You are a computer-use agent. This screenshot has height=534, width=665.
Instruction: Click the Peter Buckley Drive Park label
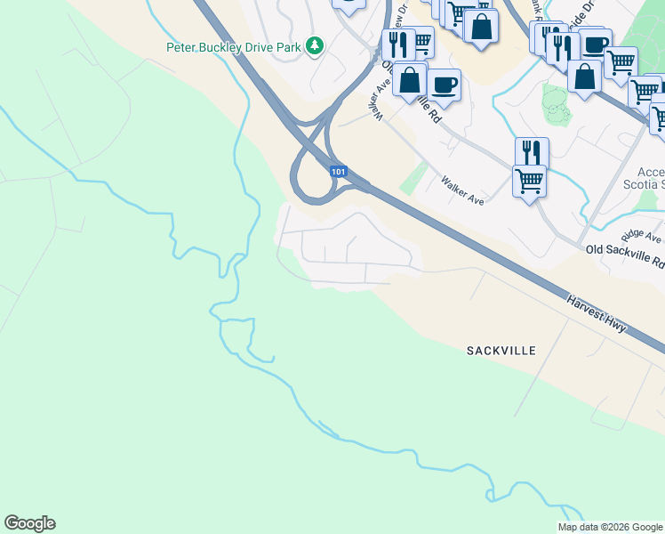pyautogui.click(x=235, y=45)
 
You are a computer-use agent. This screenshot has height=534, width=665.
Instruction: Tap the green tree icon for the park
pyautogui.click(x=313, y=45)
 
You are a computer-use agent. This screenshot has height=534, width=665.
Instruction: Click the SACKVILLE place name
pyautogui.click(x=501, y=351)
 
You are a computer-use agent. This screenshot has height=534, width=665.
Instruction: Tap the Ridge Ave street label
pyautogui.click(x=642, y=236)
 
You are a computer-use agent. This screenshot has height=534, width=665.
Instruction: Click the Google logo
pyautogui.click(x=29, y=522)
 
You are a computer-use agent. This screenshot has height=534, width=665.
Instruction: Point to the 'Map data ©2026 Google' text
pyautogui.click(x=609, y=527)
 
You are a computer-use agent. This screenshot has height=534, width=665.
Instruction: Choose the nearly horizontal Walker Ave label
pyautogui.click(x=462, y=190)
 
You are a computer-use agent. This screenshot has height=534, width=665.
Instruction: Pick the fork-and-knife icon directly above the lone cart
pyautogui.click(x=531, y=151)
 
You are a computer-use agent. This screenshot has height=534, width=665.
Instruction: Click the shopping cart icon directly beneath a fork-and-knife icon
pyautogui.click(x=530, y=180)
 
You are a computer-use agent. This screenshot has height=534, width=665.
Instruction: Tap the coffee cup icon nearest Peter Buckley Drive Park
pyautogui.click(x=443, y=85)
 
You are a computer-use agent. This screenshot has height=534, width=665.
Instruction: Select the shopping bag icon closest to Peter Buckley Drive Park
pyautogui.click(x=409, y=79)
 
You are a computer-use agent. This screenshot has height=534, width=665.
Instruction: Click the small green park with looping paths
pyautogui.click(x=557, y=105)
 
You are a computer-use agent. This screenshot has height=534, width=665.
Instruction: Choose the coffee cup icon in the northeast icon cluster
pyautogui.click(x=595, y=44)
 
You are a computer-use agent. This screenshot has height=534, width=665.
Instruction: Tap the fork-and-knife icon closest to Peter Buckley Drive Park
pyautogui.click(x=398, y=44)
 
